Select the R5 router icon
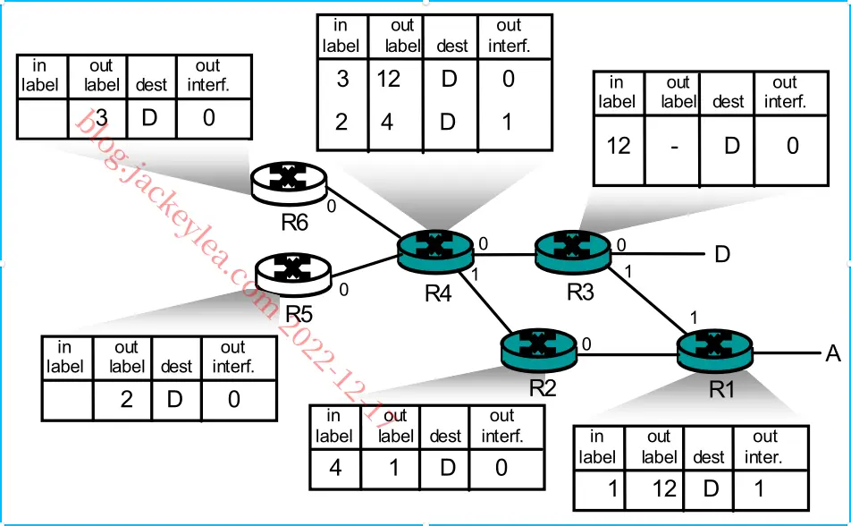click(293, 274)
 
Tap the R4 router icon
click(435, 250)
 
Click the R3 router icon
click(573, 251)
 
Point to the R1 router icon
click(715, 352)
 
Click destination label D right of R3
click(722, 254)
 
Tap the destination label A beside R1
click(833, 353)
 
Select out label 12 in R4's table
click(389, 80)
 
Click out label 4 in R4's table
click(387, 122)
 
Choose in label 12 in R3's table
click(619, 146)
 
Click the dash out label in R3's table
click(674, 147)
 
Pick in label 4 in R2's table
click(335, 467)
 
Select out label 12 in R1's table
click(664, 489)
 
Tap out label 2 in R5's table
click(126, 399)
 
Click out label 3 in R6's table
click(102, 118)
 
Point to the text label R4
click(438, 294)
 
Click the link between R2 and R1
click(627, 355)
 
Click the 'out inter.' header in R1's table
click(764, 446)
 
